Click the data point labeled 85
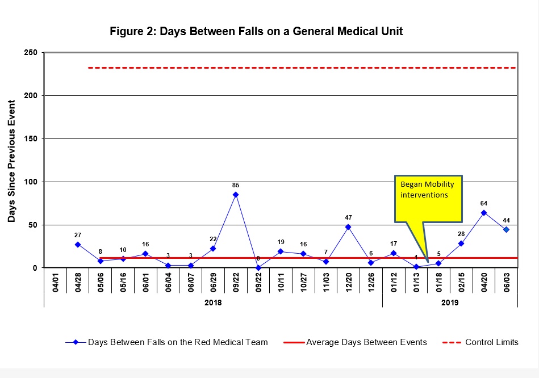(x=236, y=195)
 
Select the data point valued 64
(x=484, y=213)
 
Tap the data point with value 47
(x=348, y=227)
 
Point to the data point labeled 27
(x=78, y=245)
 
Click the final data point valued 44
(x=506, y=230)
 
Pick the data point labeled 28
(x=461, y=243)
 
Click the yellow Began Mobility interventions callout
(x=428, y=199)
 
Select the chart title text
(x=256, y=31)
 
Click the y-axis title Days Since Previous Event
(x=12, y=161)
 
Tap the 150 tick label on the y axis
(x=31, y=139)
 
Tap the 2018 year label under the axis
(x=213, y=303)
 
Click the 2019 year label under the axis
(x=450, y=303)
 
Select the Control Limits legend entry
(x=491, y=342)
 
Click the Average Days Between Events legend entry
(x=366, y=342)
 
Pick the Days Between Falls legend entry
(x=177, y=342)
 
